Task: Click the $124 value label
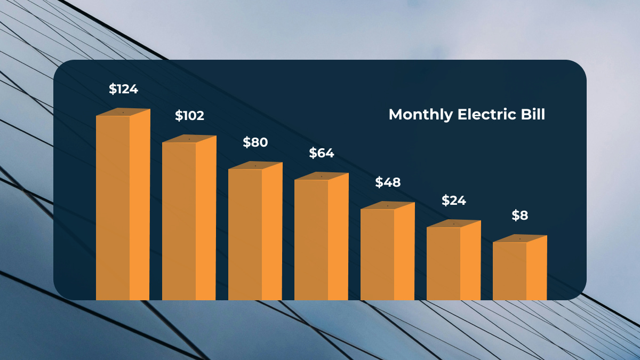(x=123, y=89)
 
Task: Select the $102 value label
(x=189, y=116)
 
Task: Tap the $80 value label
(x=255, y=142)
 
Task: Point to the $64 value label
(x=321, y=153)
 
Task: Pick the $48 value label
(x=388, y=182)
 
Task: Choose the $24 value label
(x=453, y=201)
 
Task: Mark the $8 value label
(x=519, y=215)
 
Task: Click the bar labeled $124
(x=123, y=208)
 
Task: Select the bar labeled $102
(x=189, y=221)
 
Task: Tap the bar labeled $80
(x=255, y=235)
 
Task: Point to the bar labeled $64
(x=321, y=240)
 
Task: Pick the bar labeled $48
(x=387, y=255)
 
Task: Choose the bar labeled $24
(x=453, y=264)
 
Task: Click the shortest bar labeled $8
(x=519, y=271)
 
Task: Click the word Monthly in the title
(x=420, y=115)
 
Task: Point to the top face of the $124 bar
(x=123, y=112)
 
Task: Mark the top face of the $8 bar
(x=520, y=238)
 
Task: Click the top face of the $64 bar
(x=322, y=176)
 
